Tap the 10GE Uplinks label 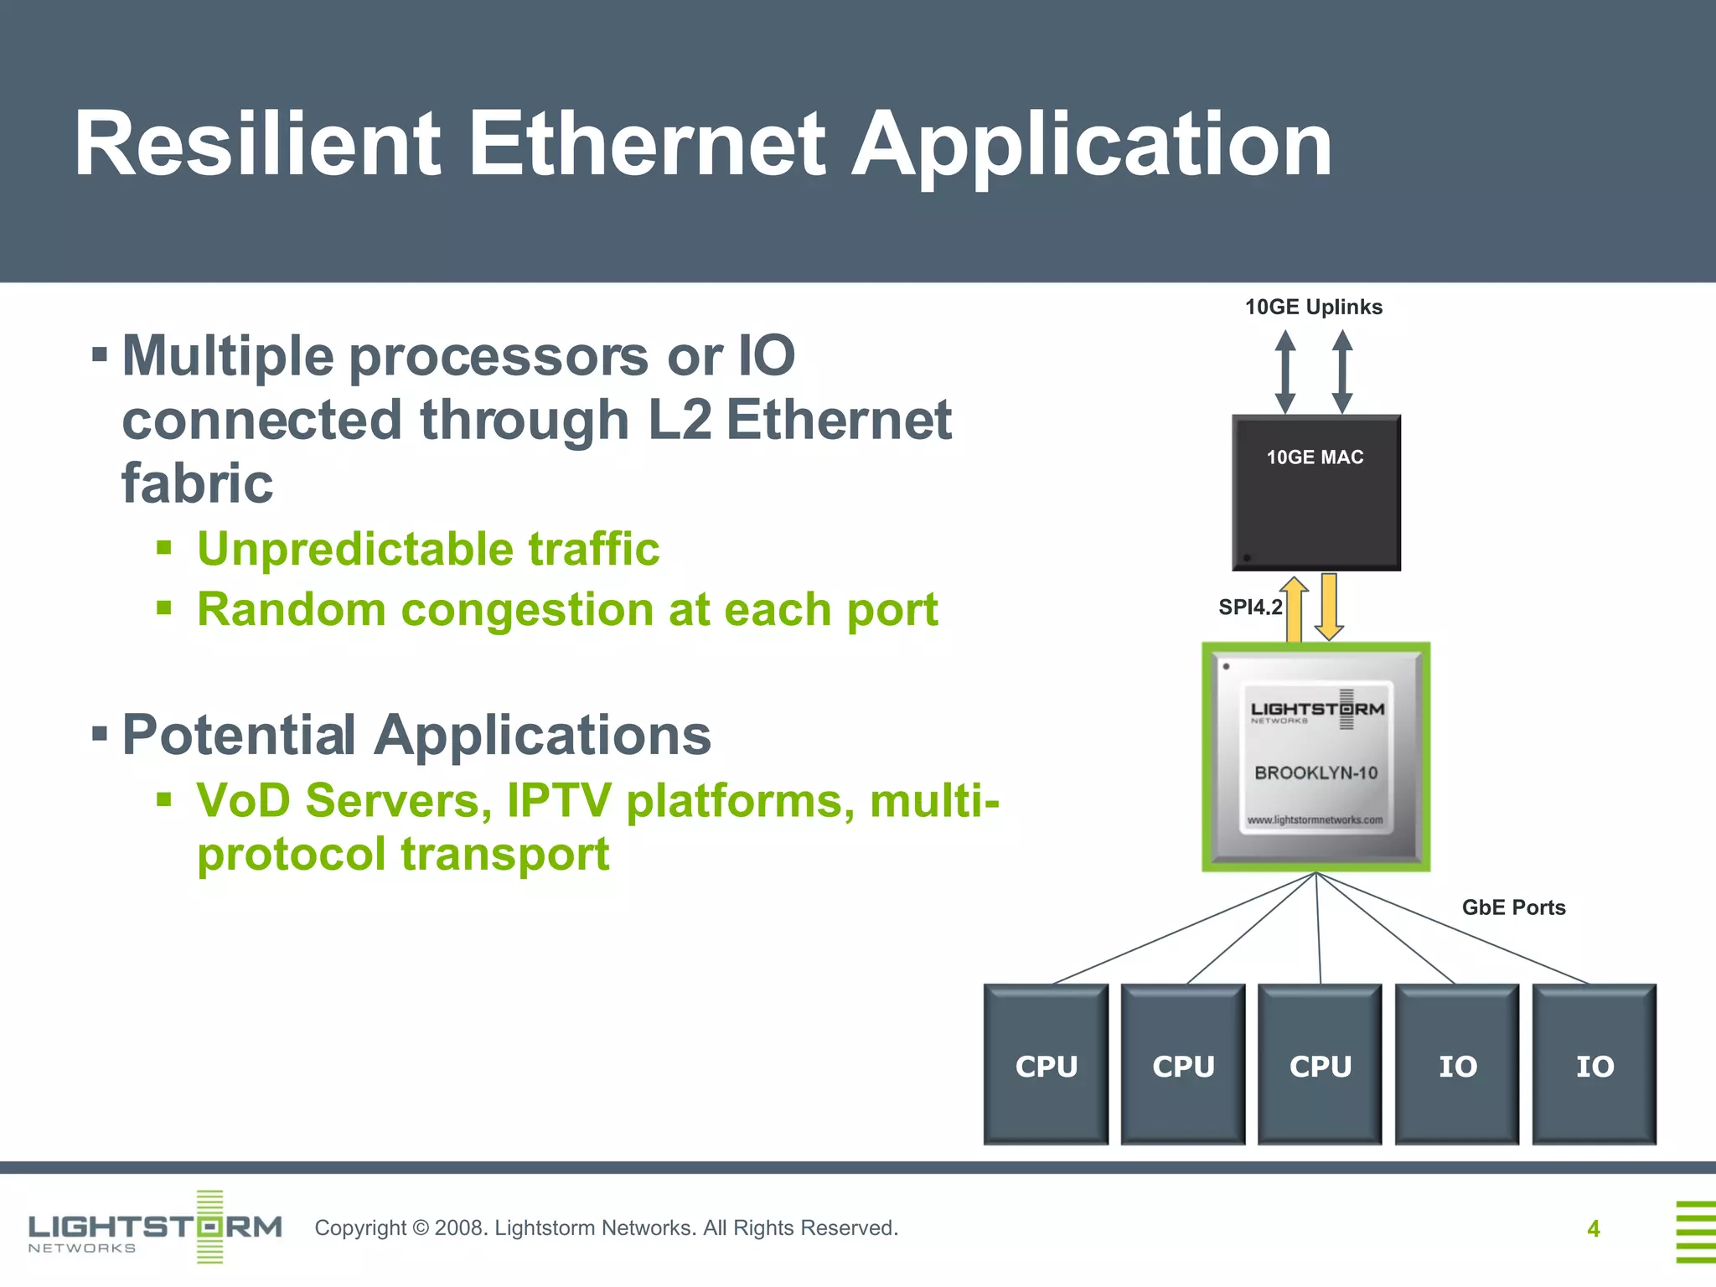click(x=1313, y=307)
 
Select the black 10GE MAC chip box click(x=1315, y=503)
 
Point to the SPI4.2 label click(x=1249, y=607)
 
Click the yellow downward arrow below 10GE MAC click(x=1329, y=606)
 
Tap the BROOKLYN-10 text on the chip click(x=1315, y=773)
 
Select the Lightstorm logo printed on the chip click(x=1316, y=710)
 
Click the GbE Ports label click(x=1513, y=907)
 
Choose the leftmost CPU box click(x=1046, y=1065)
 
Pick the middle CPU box click(x=1320, y=1065)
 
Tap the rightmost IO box click(x=1594, y=1065)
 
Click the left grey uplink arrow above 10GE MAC click(x=1285, y=371)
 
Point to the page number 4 click(x=1593, y=1228)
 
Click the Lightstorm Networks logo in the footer click(x=155, y=1228)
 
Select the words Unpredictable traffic click(x=428, y=549)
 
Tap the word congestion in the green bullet click(x=527, y=609)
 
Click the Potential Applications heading click(x=416, y=735)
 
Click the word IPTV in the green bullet click(x=559, y=800)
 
